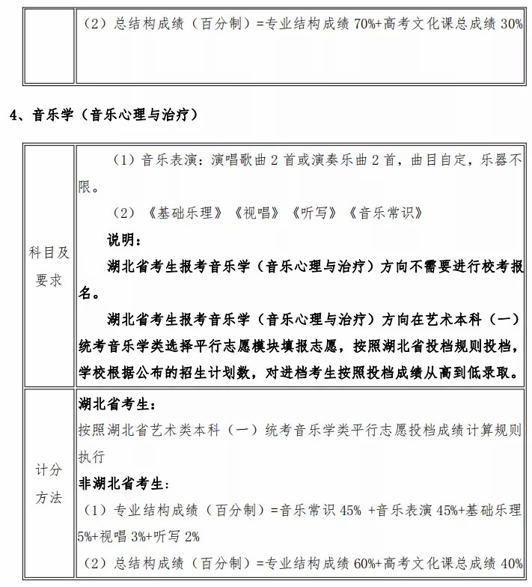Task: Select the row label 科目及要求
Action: pyautogui.click(x=49, y=267)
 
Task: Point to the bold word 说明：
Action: pyautogui.click(x=123, y=240)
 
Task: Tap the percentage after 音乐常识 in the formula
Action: pyautogui.click(x=349, y=511)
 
